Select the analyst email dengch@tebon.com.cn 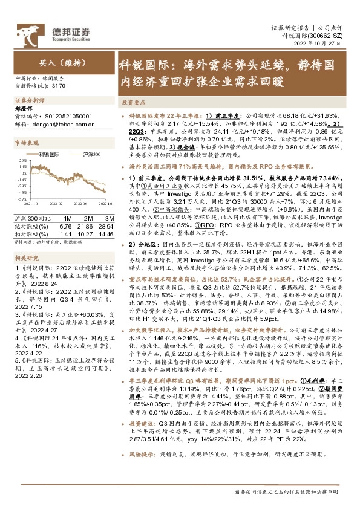pos(58,123)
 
